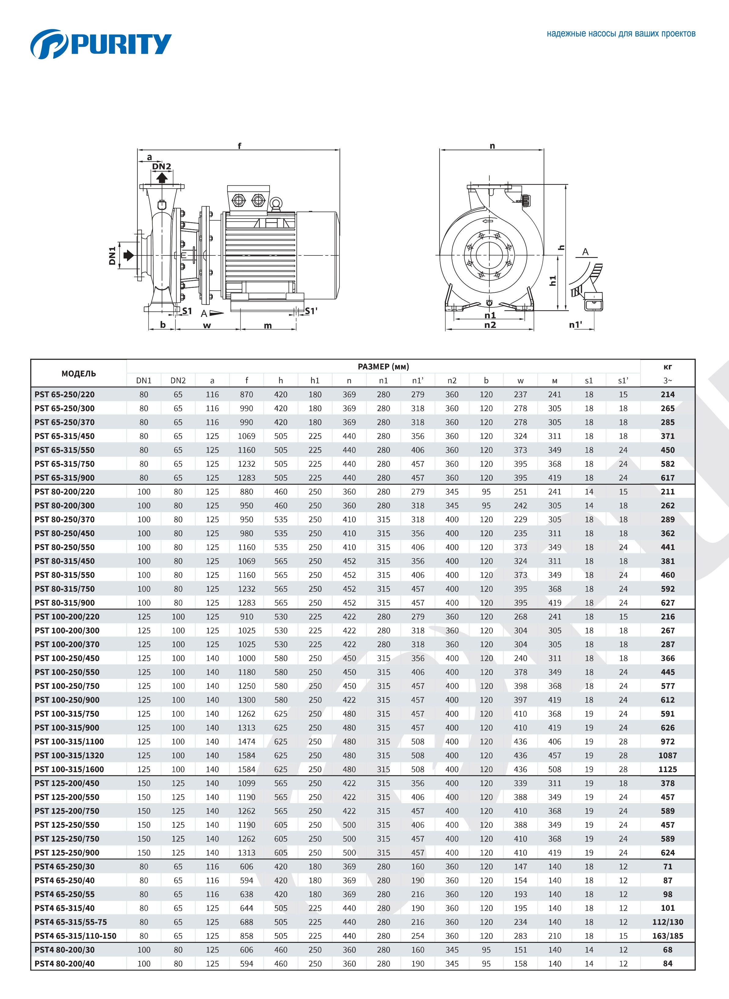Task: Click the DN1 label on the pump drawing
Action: [x=112, y=255]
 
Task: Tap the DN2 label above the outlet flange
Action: [x=161, y=166]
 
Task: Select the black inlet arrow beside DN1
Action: [x=129, y=255]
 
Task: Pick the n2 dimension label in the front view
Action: [x=490, y=325]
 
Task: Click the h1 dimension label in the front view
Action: [x=553, y=281]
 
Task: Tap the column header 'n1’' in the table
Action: [x=417, y=380]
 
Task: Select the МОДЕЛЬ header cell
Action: [x=78, y=373]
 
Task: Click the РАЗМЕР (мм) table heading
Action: [x=383, y=366]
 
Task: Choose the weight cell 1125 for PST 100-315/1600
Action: [x=667, y=769]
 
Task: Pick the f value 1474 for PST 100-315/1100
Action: [x=246, y=741]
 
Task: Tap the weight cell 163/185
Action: [x=667, y=936]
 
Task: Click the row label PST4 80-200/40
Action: [x=64, y=963]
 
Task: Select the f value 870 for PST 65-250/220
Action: [x=246, y=394]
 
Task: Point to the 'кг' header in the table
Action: [x=667, y=366]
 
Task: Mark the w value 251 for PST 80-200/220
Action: [x=520, y=491]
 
